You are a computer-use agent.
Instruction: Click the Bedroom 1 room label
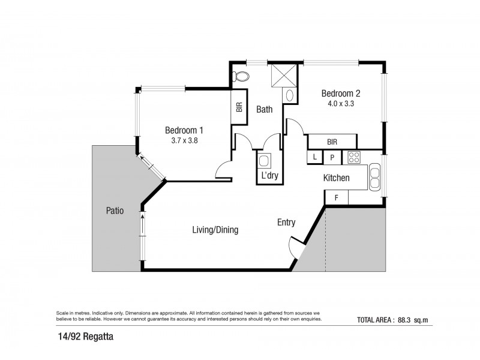point(184,130)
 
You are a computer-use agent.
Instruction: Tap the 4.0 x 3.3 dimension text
point(341,103)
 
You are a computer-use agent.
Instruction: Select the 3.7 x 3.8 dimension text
point(184,140)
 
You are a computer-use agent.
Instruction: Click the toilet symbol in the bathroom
point(241,76)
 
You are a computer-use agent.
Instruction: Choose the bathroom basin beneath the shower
point(290,95)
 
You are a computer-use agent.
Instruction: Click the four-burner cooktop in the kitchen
point(354,158)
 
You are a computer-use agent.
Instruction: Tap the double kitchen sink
point(374,177)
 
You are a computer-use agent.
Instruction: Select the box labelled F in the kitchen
point(337,198)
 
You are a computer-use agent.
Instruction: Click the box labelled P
point(332,158)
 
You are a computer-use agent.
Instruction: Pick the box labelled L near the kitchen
point(315,157)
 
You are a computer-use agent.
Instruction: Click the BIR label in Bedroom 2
point(332,142)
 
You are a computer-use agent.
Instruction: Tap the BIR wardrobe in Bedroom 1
point(239,107)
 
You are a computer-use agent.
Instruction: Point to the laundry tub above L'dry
point(264,161)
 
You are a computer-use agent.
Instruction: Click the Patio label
point(115,211)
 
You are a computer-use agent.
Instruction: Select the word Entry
point(286,223)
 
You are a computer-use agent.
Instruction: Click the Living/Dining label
point(215,230)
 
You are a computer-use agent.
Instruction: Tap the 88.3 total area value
point(404,320)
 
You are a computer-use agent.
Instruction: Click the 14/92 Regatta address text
point(86,337)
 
